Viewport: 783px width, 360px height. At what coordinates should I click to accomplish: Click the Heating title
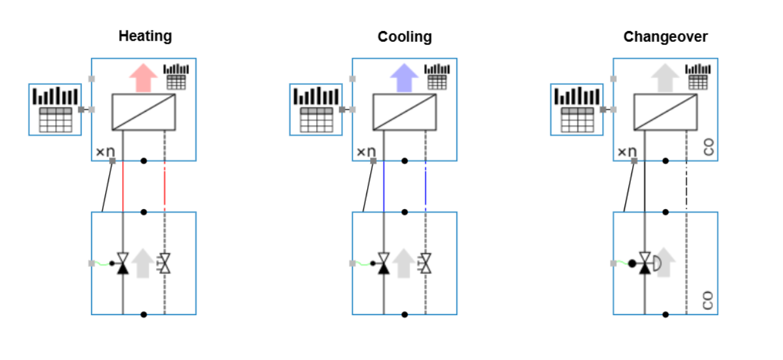[145, 36]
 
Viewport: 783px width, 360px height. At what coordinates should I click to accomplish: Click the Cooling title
[404, 37]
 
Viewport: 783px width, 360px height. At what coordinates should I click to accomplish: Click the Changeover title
[665, 37]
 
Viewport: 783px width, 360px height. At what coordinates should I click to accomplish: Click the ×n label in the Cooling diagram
[365, 151]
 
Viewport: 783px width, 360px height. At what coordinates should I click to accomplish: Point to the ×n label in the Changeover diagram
[626, 151]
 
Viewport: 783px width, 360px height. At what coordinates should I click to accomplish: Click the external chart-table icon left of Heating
[55, 110]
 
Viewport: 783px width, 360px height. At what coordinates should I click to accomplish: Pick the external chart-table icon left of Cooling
[316, 110]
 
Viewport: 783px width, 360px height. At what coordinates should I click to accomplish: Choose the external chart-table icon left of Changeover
[576, 110]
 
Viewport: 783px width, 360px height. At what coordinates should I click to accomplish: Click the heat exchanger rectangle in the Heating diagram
[143, 112]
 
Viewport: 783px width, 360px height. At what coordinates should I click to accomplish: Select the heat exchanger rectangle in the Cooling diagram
[404, 112]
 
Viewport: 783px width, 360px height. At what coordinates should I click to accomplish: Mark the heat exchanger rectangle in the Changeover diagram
[665, 112]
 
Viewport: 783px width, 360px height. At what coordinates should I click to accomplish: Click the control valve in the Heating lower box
[123, 263]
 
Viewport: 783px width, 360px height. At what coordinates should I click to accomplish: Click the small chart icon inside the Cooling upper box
[437, 76]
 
